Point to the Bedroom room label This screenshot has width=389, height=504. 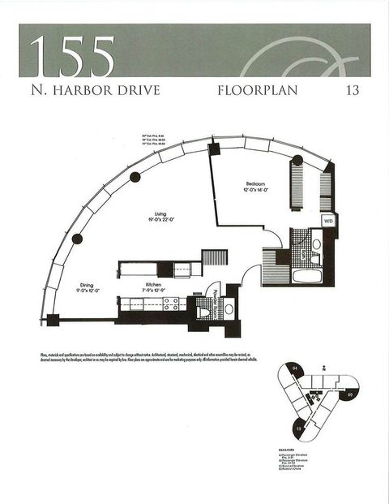[x=255, y=183]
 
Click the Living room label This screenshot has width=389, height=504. [x=160, y=213]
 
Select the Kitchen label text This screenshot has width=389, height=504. [x=152, y=285]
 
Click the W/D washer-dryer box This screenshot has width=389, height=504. [x=328, y=220]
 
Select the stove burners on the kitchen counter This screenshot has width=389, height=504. [x=172, y=304]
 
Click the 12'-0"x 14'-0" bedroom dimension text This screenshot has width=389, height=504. [x=255, y=190]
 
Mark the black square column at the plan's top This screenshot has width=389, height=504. [x=215, y=149]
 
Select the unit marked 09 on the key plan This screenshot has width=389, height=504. [x=349, y=394]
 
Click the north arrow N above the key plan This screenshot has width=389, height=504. [x=322, y=367]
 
